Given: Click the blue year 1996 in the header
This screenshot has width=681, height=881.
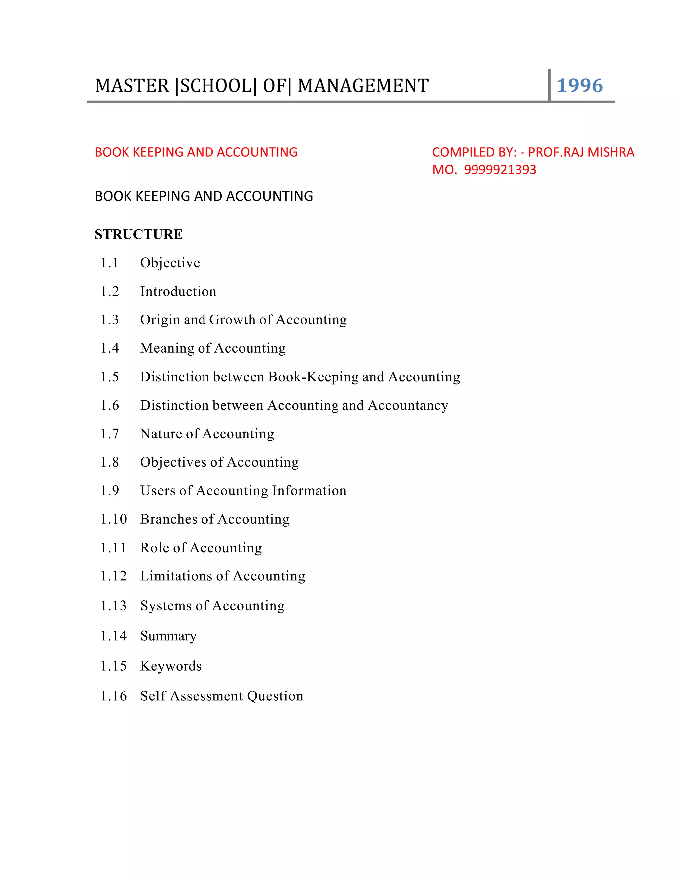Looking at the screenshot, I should [579, 85].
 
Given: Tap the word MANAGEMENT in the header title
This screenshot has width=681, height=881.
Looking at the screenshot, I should [363, 86].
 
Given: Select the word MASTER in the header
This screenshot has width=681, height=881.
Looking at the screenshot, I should [132, 86].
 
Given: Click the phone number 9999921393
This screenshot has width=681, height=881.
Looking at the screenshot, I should [500, 170].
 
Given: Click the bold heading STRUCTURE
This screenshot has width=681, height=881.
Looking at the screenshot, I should [138, 234].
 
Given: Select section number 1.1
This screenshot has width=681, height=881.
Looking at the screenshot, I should [109, 263].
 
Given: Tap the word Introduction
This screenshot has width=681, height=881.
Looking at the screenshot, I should [178, 291].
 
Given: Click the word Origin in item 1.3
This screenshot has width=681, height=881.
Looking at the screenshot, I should [160, 320].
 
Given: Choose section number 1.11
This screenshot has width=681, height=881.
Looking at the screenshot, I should [113, 548].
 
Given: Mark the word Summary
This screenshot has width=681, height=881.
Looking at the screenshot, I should [168, 636].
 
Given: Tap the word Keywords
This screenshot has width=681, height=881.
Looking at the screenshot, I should [171, 666].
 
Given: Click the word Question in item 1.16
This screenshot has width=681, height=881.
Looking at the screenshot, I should [275, 696].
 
